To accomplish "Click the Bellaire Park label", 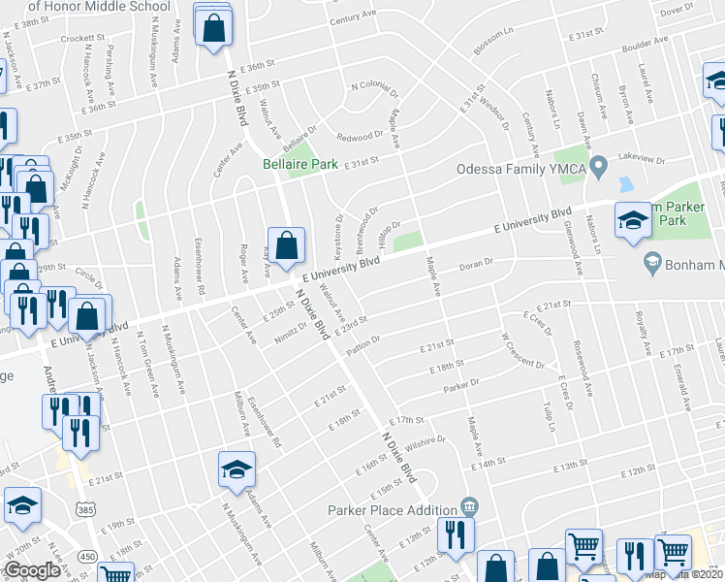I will click(300, 164).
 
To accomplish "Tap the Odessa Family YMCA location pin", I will click(599, 168).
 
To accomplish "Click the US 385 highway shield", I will click(86, 508).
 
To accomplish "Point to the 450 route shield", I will click(87, 556).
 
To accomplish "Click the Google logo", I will click(32, 571).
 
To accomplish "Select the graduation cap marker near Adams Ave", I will click(236, 470).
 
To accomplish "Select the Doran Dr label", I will click(476, 263).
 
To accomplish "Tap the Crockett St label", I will click(81, 39).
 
